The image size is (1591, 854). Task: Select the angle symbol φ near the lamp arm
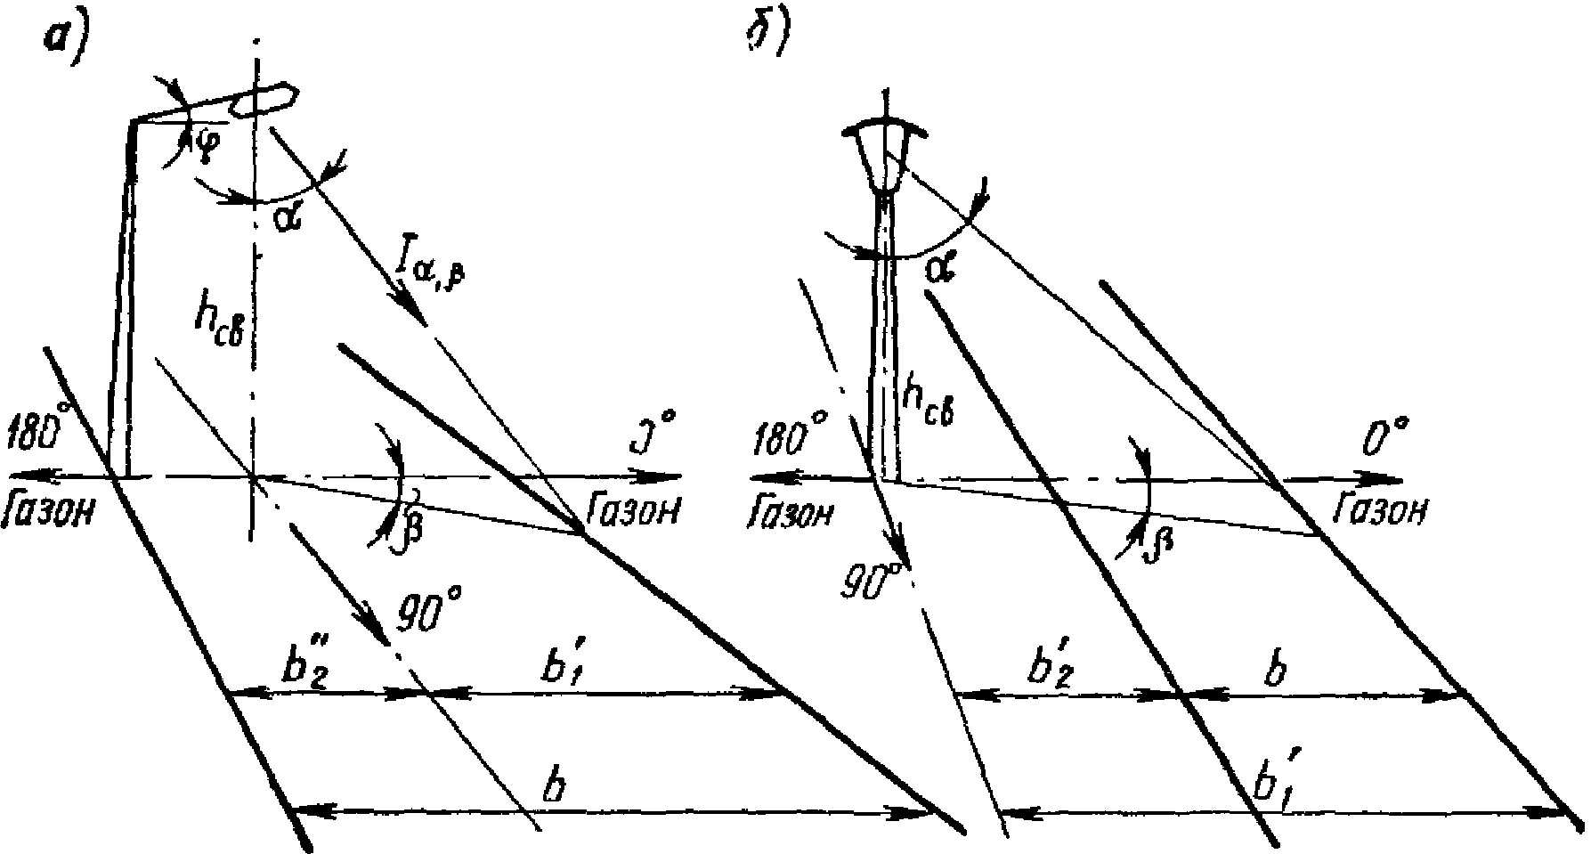pos(203,142)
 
